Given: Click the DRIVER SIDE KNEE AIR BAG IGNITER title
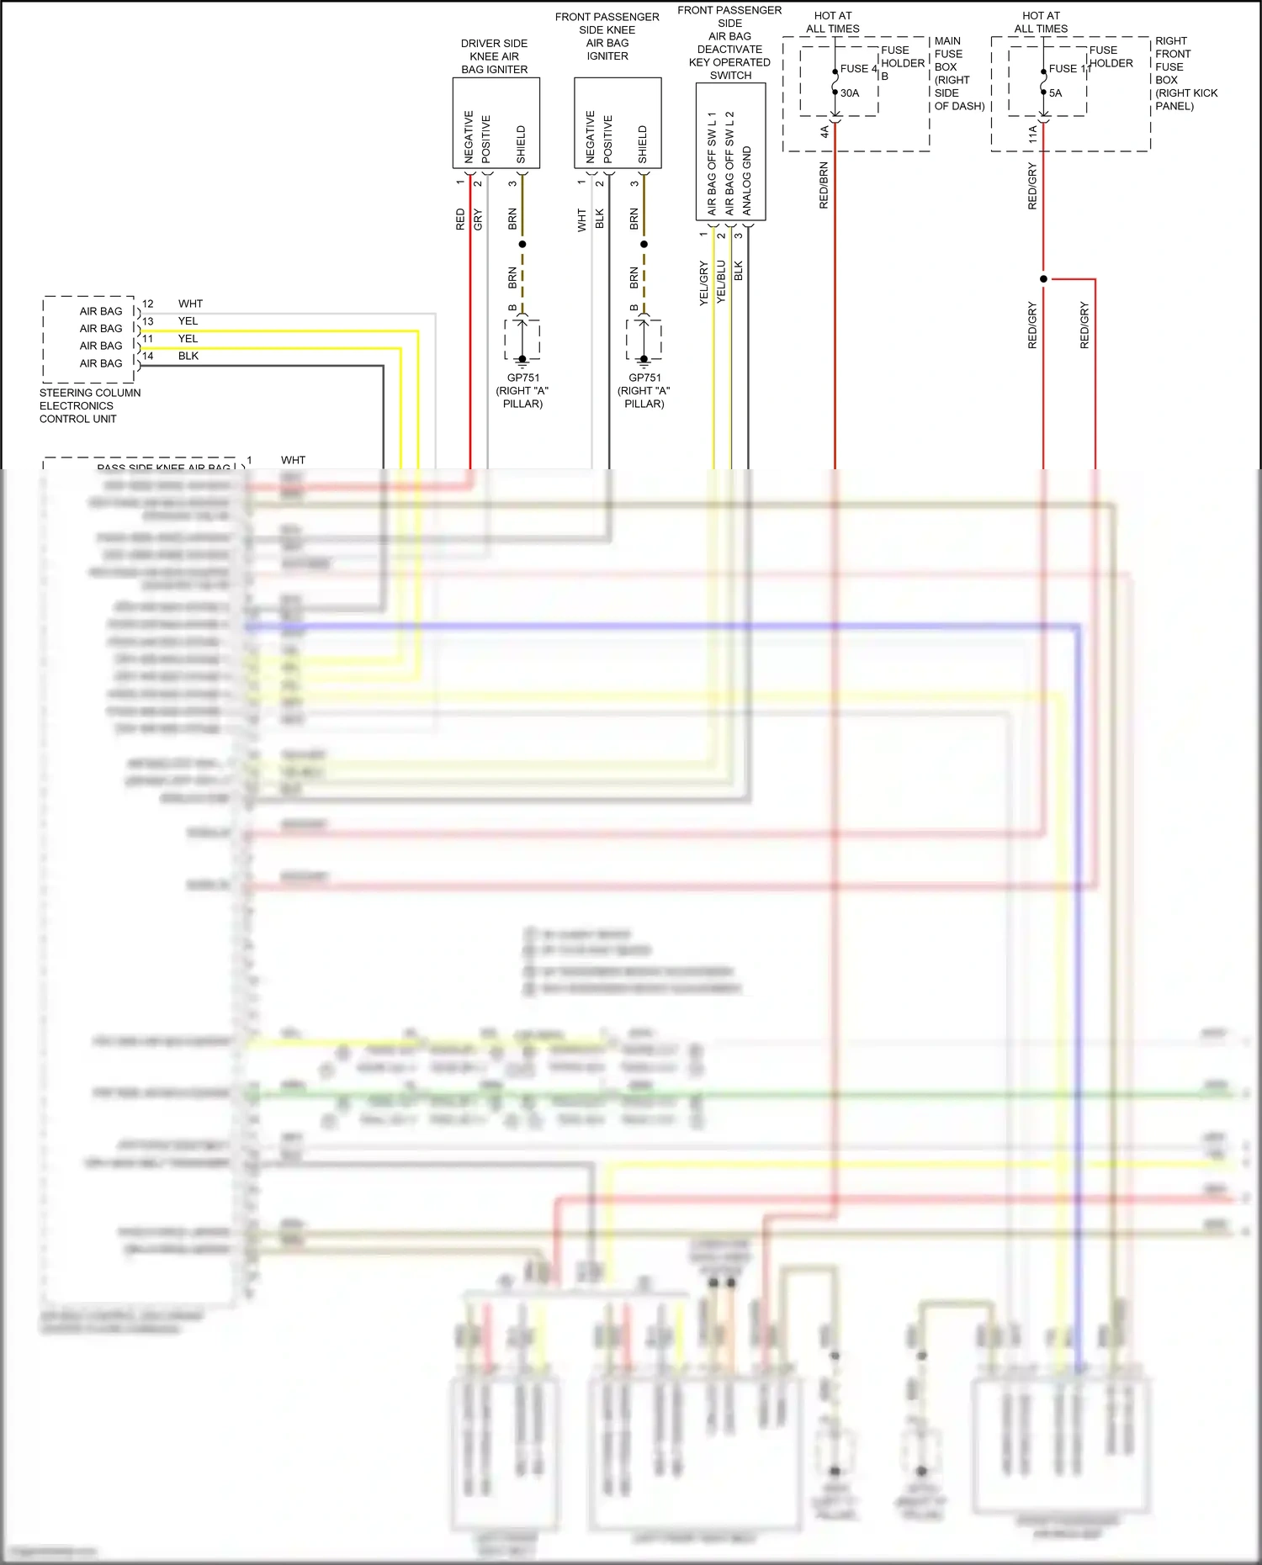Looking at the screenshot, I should coord(494,56).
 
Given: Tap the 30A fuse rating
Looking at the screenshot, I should coord(850,93).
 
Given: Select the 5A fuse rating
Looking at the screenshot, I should coord(1055,93).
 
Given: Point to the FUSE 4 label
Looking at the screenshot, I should coord(858,69).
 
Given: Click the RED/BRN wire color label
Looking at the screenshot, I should coord(824,185).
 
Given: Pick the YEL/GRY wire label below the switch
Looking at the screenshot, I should coord(703,283).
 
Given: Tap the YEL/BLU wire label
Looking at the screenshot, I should coord(721,282).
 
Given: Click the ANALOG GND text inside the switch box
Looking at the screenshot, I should coord(747,181).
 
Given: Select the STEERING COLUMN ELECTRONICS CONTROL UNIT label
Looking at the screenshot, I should coord(89,405).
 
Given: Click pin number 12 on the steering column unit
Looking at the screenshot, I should coord(148,304).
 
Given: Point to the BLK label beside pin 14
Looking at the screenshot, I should coord(188,356).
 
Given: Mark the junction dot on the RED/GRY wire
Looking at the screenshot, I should coord(1043,279).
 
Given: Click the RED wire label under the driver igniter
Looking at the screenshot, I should coord(460,219).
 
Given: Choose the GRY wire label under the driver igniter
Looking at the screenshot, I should coord(478,219).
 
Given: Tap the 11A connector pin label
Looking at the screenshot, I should coord(1032,134).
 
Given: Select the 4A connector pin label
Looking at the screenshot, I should coord(825,132).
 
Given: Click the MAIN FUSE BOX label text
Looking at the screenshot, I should coord(958,73).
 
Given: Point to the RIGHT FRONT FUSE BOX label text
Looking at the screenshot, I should coord(1185,73).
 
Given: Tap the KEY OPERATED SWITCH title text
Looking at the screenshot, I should coord(729,68).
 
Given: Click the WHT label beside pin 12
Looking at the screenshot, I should coord(190,304).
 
